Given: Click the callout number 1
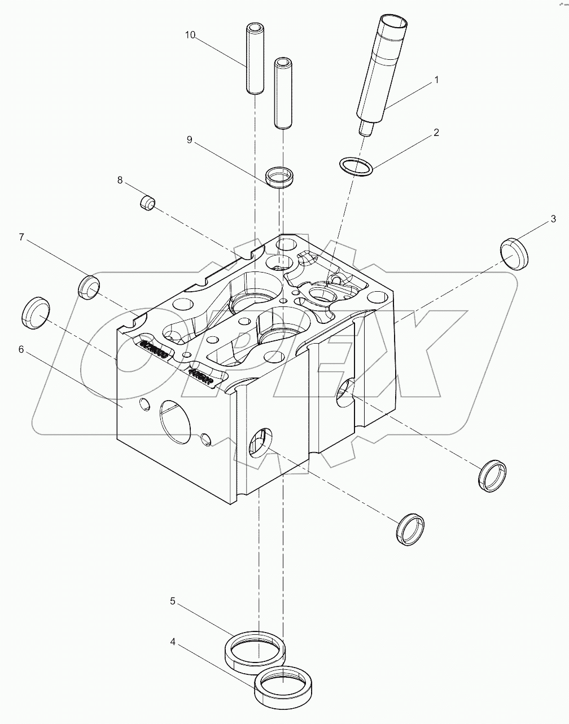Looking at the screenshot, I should tap(436, 80).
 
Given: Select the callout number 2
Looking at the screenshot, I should tap(436, 133).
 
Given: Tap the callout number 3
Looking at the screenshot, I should tap(554, 218).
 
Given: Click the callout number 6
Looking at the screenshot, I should tap(21, 349).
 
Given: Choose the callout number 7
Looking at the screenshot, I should tap(21, 237).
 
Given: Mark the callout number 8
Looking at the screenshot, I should tap(120, 180).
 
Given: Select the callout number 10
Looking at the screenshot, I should tap(190, 35).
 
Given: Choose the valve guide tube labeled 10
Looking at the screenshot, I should tap(255, 59).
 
